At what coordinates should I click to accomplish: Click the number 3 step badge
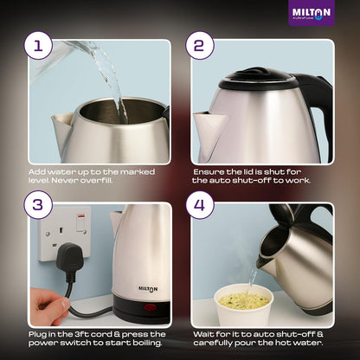[x=37, y=206]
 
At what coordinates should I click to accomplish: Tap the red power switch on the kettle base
[x=151, y=307]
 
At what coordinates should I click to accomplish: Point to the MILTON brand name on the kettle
[x=148, y=289]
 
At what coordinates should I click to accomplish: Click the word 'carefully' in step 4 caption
[x=216, y=344]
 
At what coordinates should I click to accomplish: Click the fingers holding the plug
[x=54, y=306]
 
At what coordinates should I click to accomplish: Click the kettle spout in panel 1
[x=62, y=125]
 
